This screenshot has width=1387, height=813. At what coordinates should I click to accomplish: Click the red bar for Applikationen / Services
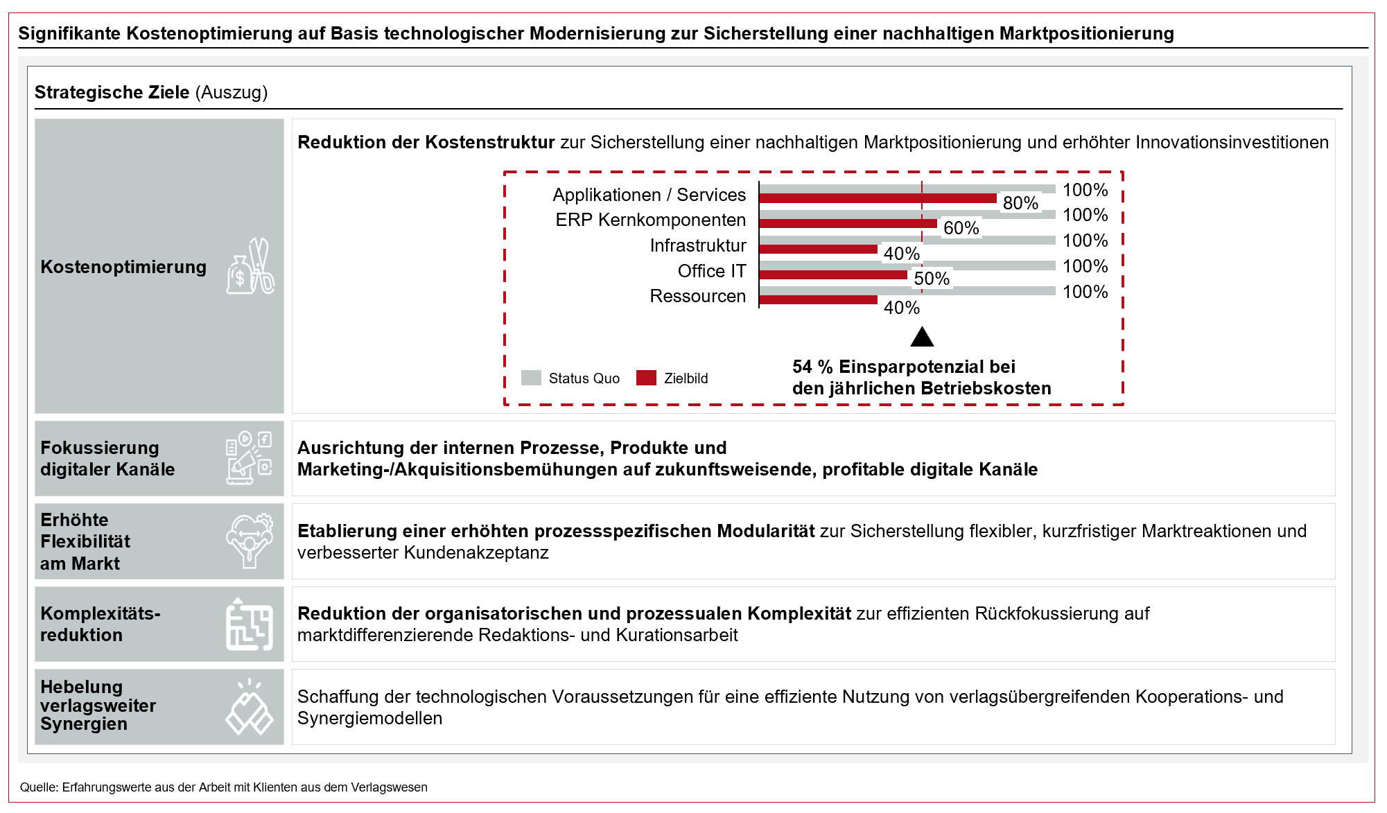(878, 199)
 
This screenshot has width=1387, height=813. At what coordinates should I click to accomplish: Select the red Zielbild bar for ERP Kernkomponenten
(848, 224)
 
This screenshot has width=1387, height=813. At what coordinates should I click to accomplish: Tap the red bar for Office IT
(833, 275)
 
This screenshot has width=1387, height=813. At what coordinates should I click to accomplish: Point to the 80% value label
(1020, 203)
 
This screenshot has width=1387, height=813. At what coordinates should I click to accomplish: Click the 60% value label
(961, 228)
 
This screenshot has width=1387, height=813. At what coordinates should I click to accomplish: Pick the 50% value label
(931, 279)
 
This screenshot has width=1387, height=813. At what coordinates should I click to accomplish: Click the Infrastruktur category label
(697, 245)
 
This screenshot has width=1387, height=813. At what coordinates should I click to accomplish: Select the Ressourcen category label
(697, 296)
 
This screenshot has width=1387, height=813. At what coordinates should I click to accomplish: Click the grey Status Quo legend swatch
(531, 378)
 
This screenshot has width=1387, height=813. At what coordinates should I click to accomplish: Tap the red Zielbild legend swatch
(646, 378)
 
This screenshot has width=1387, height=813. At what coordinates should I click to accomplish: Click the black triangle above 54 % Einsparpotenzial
(922, 338)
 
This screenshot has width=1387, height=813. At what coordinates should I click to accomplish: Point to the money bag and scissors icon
(250, 267)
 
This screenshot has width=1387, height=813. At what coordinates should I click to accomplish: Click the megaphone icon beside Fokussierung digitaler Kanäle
(248, 457)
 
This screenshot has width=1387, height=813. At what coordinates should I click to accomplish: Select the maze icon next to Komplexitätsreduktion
(249, 624)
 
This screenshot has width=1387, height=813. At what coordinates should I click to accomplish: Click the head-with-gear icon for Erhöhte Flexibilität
(249, 541)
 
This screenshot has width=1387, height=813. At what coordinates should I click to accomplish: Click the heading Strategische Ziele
(112, 92)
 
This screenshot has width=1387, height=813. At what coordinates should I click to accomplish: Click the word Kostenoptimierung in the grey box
(123, 267)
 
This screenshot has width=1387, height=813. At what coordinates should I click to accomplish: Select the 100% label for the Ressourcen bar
(1085, 292)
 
